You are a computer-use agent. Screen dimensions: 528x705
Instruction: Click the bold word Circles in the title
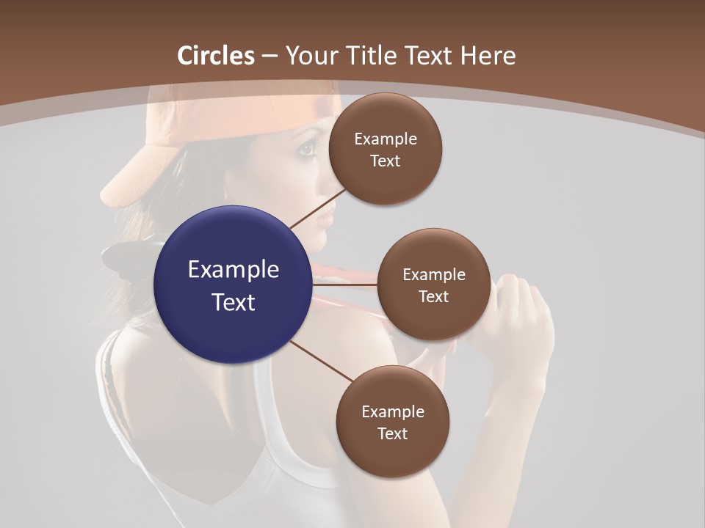pos(216,56)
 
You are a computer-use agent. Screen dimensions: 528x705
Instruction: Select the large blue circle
pos(233,285)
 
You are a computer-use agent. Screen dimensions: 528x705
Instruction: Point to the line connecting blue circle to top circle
pos(318,208)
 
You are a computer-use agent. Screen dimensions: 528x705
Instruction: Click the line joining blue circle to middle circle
pos(345,285)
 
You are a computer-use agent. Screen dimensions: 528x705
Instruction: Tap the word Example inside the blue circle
pos(233,270)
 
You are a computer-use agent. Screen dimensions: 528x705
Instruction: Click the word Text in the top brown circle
pos(385,161)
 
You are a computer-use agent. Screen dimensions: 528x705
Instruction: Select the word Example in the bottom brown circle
pos(392,411)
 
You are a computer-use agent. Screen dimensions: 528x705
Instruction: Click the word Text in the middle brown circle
pos(433,296)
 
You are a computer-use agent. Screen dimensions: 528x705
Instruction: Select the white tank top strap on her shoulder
pos(110,367)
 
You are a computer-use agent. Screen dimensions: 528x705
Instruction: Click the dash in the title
pos(270,56)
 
